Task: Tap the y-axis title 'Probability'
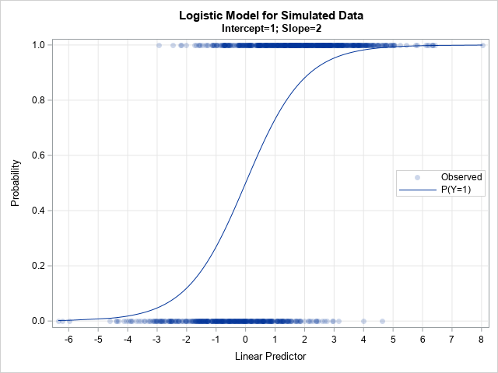[x=16, y=183]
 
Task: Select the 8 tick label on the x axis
[x=482, y=339]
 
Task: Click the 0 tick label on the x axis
[x=245, y=339]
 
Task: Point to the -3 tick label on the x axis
[x=156, y=339]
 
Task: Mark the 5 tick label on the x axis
[x=393, y=339]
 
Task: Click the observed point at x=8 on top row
[x=482, y=45]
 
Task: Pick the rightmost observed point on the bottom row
[x=382, y=321]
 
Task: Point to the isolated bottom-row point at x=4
[x=363, y=321]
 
